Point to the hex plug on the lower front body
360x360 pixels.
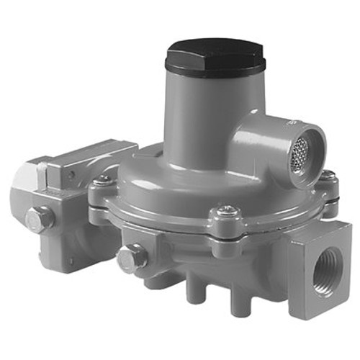click(x=131, y=256)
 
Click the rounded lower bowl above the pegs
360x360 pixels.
click(x=216, y=259)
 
